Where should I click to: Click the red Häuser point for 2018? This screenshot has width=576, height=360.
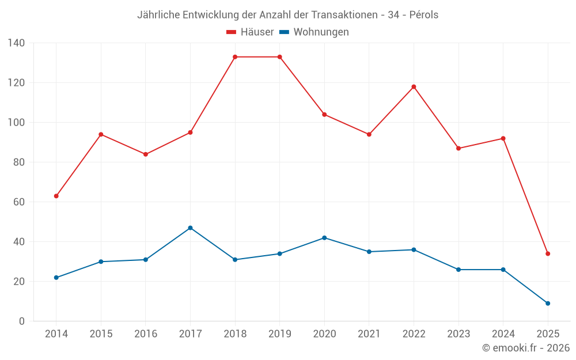click(x=235, y=57)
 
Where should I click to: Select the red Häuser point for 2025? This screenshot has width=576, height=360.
click(x=548, y=253)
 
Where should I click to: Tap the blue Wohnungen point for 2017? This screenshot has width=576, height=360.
click(x=190, y=228)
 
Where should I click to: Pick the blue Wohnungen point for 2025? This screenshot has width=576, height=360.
click(x=548, y=304)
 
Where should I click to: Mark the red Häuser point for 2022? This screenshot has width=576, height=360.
click(x=414, y=87)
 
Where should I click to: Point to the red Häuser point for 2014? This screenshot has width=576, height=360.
click(x=56, y=196)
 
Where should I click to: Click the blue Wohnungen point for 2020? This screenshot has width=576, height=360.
click(x=324, y=238)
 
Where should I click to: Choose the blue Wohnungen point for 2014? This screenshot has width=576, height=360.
click(x=56, y=278)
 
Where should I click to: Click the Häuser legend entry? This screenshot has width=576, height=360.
click(x=250, y=32)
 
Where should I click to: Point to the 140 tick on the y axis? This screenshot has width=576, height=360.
click(x=16, y=43)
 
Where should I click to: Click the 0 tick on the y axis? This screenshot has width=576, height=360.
click(x=22, y=321)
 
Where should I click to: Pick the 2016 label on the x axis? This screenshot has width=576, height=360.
click(x=146, y=335)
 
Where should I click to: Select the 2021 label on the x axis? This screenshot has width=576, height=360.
click(x=369, y=335)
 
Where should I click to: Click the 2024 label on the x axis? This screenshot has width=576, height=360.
click(x=503, y=335)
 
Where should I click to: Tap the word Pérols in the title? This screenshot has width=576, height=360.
click(x=423, y=15)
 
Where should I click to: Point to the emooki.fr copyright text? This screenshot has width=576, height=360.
click(x=526, y=348)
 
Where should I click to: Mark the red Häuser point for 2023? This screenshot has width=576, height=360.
click(x=458, y=149)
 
